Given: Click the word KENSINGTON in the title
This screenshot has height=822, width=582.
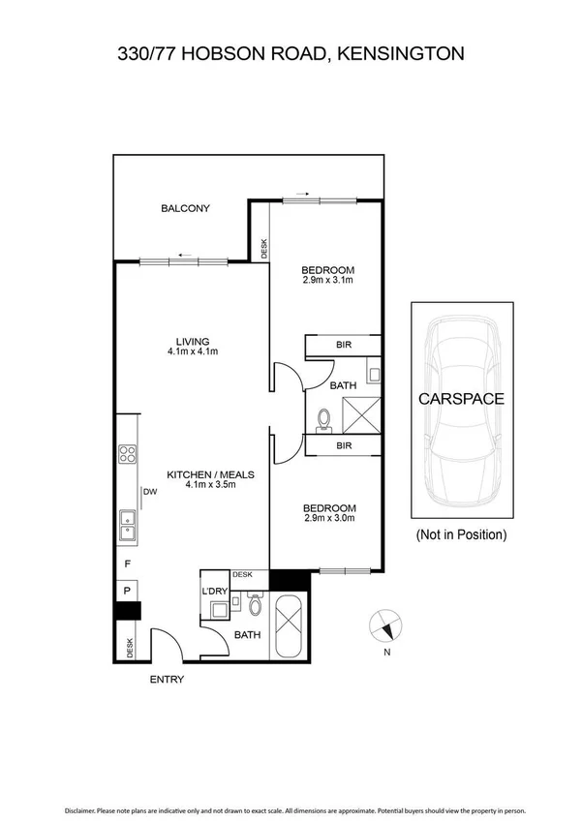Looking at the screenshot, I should pos(400,54).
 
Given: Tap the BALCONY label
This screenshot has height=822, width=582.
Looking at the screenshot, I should pos(185,208).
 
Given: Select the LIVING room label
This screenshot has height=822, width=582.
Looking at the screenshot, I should pos(192,341).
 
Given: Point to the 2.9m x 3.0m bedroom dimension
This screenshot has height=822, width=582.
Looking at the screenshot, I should pos(329,518).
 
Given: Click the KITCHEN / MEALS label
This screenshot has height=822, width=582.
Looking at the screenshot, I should pos(210,474).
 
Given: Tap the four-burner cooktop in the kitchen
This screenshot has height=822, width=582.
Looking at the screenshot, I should pos(127,454).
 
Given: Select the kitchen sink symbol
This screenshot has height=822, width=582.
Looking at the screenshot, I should pos(127,524).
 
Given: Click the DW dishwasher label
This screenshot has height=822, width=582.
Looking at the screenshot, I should pos(150,491).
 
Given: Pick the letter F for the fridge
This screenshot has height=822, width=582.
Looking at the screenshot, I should pos(126,563).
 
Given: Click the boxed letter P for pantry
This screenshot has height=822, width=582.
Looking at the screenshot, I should pos(127,590).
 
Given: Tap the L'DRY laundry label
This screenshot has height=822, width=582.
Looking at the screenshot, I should pos(214,591).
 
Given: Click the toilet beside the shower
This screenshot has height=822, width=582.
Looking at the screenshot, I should pos(324,418).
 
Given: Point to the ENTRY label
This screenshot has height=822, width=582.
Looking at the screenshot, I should pos(166,680).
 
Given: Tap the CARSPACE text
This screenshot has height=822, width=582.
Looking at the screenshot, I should pos(460,398).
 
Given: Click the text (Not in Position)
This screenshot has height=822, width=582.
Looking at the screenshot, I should pos(460,534).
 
